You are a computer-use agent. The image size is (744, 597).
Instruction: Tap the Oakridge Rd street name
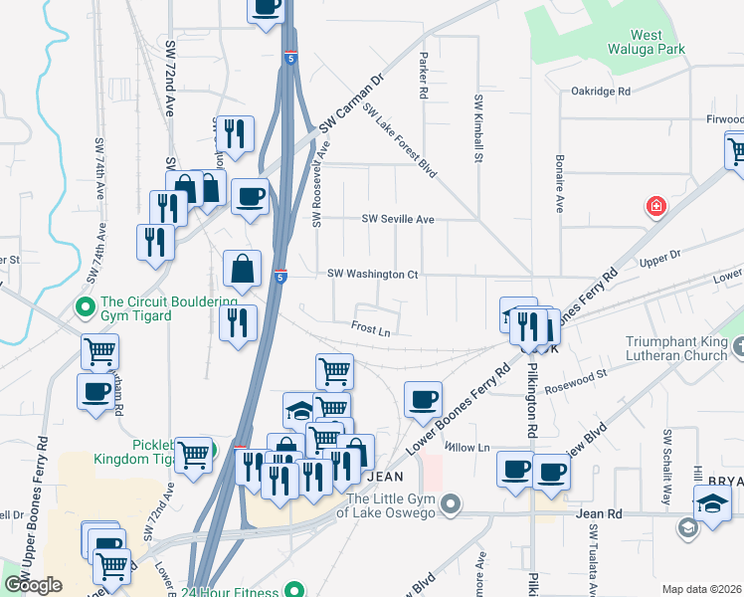coord(601,91)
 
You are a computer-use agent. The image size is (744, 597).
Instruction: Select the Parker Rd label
coord(424,75)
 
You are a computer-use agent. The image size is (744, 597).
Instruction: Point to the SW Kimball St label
coord(478,128)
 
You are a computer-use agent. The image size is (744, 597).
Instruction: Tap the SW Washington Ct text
coord(373,274)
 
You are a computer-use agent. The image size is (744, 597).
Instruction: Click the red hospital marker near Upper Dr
coord(655,207)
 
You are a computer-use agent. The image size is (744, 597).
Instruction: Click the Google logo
coord(33,585)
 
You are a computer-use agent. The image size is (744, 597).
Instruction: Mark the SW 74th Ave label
coord(99,169)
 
